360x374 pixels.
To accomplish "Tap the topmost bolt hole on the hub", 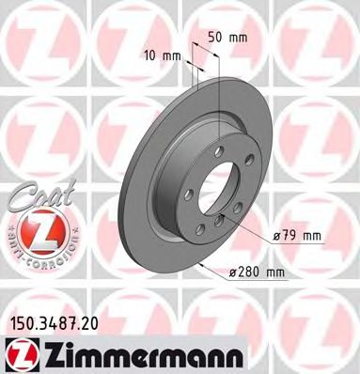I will (x=217, y=151).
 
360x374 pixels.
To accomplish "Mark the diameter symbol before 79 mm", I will (x=279, y=235).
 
